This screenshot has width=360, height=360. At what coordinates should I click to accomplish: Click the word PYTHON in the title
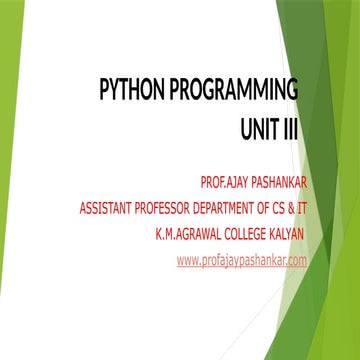click(x=132, y=93)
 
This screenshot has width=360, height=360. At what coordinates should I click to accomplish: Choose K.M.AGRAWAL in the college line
click(x=186, y=235)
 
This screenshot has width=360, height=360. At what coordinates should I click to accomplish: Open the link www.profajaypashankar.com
click(x=240, y=261)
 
